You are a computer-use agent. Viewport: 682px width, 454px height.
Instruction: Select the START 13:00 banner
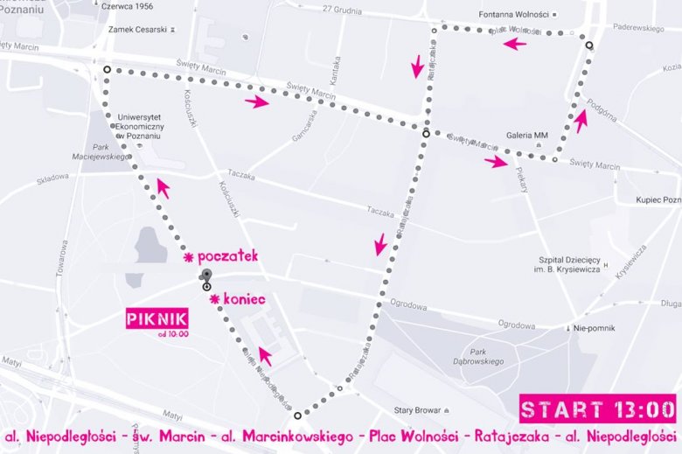tap(598, 409)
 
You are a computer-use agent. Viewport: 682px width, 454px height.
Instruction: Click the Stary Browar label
tap(421, 409)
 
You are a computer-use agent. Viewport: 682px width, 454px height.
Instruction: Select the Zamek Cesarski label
tap(137, 30)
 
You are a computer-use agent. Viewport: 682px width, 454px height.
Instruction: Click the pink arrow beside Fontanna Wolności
tap(515, 44)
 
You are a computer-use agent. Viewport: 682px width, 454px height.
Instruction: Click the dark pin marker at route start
tap(206, 276)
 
